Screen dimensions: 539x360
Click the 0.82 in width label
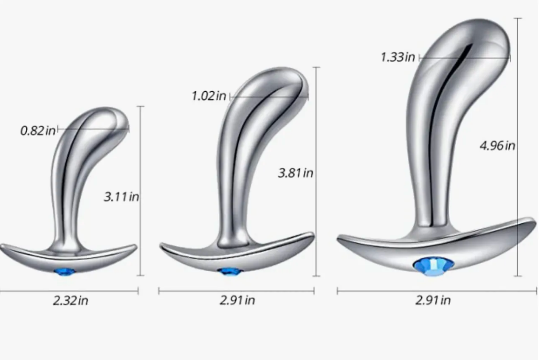38,131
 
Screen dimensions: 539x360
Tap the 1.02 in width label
209,96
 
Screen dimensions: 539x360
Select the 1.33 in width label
398,57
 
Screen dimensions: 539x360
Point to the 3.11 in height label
121,197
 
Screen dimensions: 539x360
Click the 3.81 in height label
296,173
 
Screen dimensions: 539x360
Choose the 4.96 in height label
498,146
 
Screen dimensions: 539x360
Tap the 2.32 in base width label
71,301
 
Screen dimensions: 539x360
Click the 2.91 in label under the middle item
237,301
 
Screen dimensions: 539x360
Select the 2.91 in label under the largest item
433,301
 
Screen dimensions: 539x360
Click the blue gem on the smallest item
65,272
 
